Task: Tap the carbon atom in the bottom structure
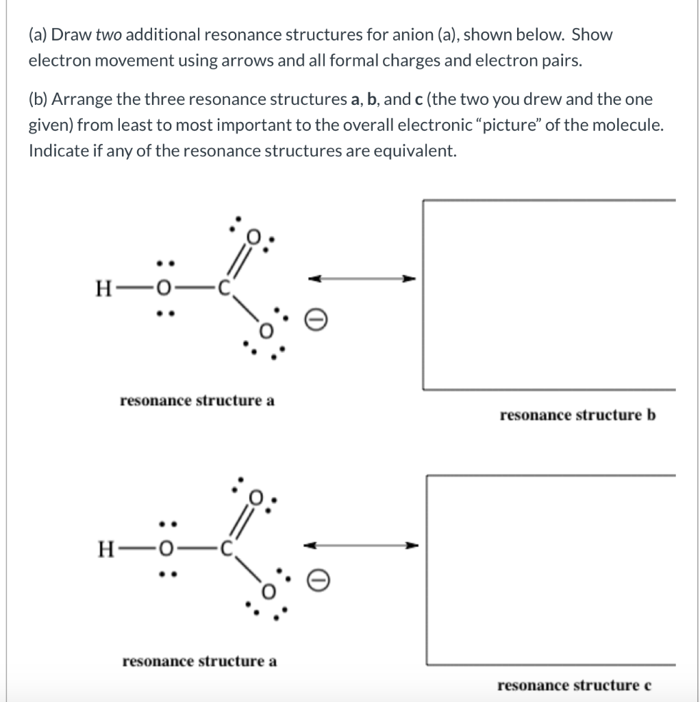tap(227, 550)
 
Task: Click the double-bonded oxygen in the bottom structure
tap(256, 496)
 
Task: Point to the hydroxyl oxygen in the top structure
tap(164, 289)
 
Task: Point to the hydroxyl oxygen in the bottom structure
tap(165, 550)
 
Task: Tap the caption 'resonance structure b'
tap(577, 415)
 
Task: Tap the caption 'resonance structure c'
tap(574, 686)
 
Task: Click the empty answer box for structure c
tap(551, 569)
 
